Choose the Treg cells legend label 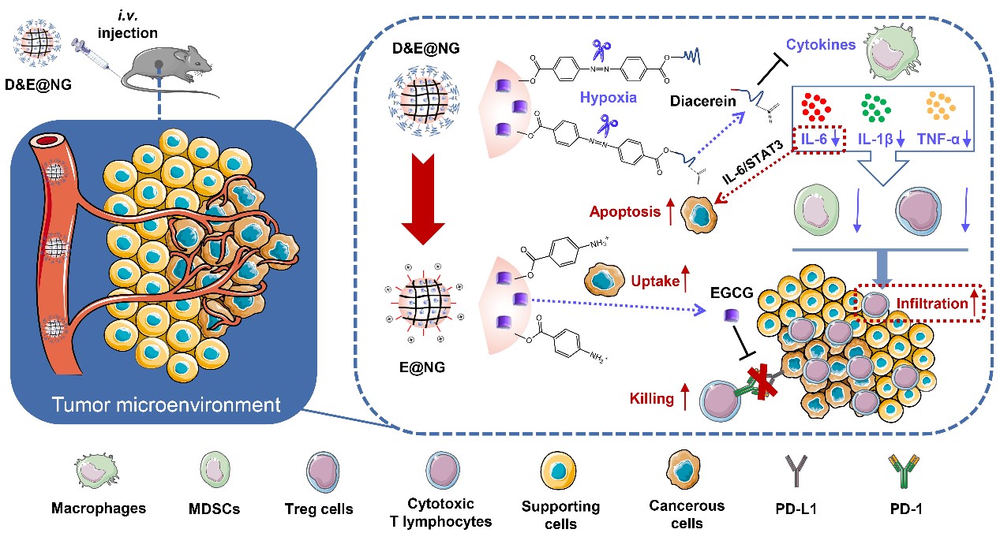tap(320, 509)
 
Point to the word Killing tap(651, 399)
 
